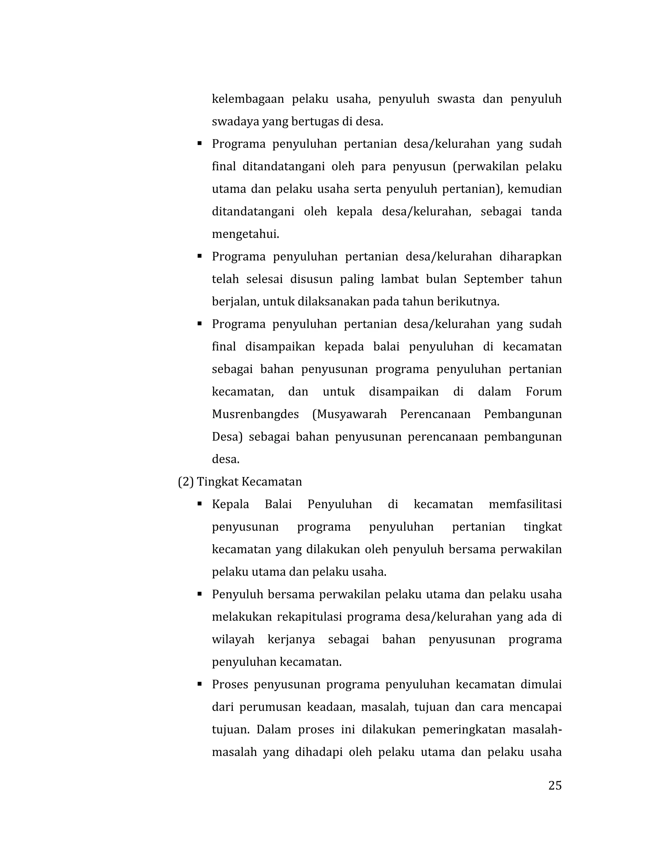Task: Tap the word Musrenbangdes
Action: click(255, 415)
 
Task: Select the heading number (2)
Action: click(185, 482)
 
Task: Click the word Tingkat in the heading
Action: click(214, 482)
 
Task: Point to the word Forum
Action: click(544, 392)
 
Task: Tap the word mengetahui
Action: click(245, 234)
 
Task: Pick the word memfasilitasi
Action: click(525, 504)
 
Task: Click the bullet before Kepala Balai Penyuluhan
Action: click(200, 504)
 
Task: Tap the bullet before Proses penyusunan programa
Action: click(200, 684)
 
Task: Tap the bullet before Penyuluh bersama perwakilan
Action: click(200, 594)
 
